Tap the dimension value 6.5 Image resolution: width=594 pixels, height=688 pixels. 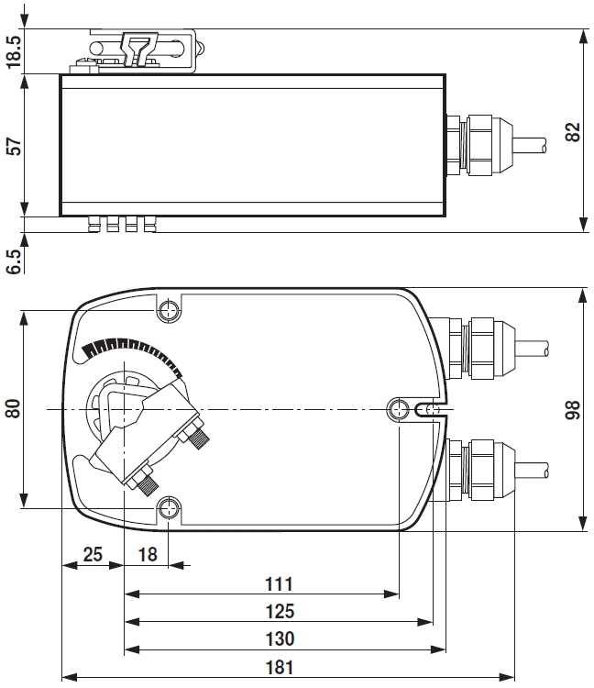pos(13,260)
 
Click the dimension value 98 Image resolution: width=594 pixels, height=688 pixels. pos(574,410)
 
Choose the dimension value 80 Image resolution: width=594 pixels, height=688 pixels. pos(13,408)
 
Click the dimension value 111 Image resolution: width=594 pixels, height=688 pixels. pos(277,583)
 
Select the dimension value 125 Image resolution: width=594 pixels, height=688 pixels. pos(277,611)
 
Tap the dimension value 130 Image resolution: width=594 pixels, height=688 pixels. pos(277,638)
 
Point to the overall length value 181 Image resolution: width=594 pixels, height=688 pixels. pos(277,667)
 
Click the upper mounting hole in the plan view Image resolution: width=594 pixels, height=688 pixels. pos(170,310)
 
